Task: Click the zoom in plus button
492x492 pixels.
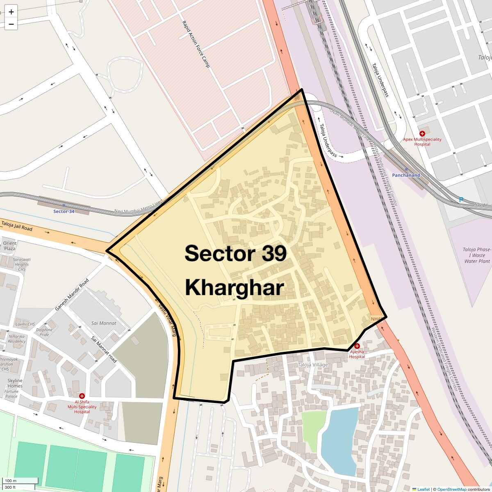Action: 11,12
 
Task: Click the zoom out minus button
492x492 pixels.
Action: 11,24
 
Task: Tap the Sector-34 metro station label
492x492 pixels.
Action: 64,211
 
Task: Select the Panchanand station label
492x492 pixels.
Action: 406,175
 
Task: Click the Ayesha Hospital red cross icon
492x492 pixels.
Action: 357,346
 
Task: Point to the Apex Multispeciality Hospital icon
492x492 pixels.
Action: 422,134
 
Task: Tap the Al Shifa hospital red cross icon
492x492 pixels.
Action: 82,396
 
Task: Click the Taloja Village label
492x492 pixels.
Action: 313,365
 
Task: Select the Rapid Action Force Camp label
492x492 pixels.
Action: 196,43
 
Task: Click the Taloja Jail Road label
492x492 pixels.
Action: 17,226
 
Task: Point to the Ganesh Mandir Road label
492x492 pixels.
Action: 72,294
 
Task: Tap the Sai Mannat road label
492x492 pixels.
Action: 104,350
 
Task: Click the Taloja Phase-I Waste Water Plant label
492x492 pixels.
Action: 477,255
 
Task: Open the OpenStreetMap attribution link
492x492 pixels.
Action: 452,489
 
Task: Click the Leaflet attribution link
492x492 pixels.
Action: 424,489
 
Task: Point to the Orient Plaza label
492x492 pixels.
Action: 9,246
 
